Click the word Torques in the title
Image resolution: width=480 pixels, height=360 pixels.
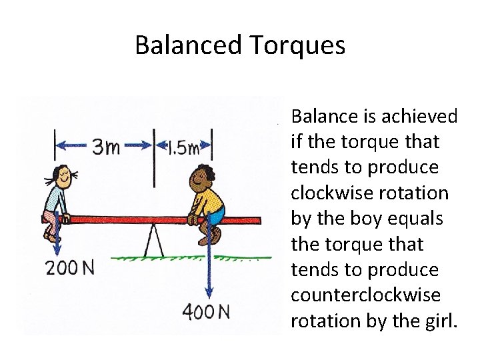click(297, 45)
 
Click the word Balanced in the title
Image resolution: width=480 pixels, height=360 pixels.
click(189, 45)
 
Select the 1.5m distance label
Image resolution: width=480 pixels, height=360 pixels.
click(183, 147)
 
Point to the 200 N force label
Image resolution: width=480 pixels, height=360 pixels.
click(69, 268)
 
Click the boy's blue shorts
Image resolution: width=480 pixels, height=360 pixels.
click(214, 219)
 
